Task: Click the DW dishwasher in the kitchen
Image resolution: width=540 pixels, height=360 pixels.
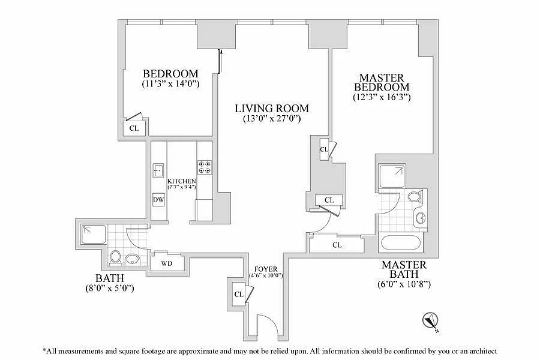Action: pos(158,199)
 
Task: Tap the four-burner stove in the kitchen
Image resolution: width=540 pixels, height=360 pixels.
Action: pos(205,167)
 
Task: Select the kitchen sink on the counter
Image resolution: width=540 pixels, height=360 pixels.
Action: pos(158,170)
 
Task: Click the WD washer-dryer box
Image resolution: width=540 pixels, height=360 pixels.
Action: pos(167,263)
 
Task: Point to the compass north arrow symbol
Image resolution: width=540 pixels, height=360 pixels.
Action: pos(430,321)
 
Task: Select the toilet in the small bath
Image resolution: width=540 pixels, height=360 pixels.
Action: pos(115,257)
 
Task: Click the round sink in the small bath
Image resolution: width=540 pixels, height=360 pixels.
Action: pos(131,259)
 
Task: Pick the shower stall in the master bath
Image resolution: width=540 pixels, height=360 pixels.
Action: pos(392,176)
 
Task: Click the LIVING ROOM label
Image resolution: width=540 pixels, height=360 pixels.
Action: pos(272,109)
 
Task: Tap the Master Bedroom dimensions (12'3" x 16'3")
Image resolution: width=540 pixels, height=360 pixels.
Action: pos(382,97)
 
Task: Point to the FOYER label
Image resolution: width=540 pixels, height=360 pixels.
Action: pos(266,269)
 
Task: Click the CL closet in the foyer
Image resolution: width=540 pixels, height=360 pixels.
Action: pos(239,295)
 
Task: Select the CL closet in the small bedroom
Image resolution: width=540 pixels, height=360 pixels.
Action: pos(134,128)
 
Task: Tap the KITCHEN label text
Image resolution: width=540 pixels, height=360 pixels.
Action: pos(182,181)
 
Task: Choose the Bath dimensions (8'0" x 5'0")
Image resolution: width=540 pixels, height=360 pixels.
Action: pos(110,288)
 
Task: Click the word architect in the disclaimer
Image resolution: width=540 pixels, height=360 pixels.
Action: pos(481,352)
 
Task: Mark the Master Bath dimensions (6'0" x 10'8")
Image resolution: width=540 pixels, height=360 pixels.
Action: pos(404,284)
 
